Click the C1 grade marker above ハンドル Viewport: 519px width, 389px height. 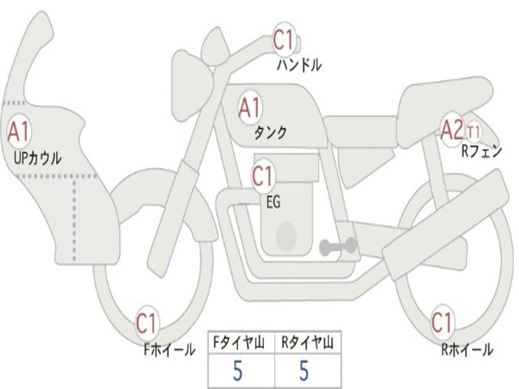pyautogui.click(x=284, y=40)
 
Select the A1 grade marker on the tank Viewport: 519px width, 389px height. pyautogui.click(x=249, y=108)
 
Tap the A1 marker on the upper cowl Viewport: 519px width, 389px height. pyautogui.click(x=19, y=132)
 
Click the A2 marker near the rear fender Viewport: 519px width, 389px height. pyautogui.click(x=451, y=130)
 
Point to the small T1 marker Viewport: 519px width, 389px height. pyautogui.click(x=473, y=133)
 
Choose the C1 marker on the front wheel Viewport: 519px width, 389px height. pyautogui.click(x=147, y=324)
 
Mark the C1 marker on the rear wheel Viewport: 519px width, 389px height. pyautogui.click(x=441, y=323)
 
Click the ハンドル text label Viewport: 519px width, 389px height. pyautogui.click(x=299, y=65)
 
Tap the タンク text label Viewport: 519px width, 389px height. pyautogui.click(x=270, y=133)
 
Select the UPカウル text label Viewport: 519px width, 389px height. pyautogui.click(x=38, y=158)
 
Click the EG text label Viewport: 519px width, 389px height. pyautogui.click(x=273, y=202)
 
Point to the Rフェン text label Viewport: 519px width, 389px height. pyautogui.click(x=481, y=151)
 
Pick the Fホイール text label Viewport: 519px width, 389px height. pyautogui.click(x=169, y=349)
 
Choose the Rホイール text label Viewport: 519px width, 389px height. pyautogui.click(x=467, y=349)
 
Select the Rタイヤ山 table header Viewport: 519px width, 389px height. pyautogui.click(x=308, y=343)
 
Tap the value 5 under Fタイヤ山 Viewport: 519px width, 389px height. pyautogui.click(x=238, y=371)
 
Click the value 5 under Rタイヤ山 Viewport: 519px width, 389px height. pyautogui.click(x=304, y=371)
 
